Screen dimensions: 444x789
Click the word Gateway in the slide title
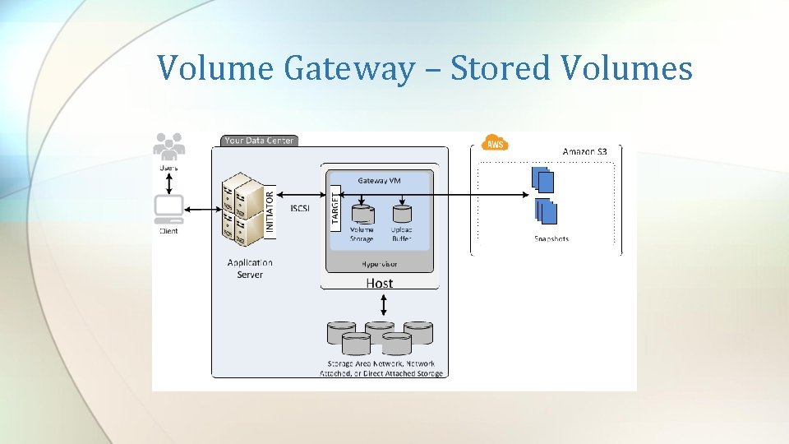point(349,68)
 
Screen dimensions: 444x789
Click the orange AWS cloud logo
point(495,143)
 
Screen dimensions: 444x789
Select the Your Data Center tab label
point(258,141)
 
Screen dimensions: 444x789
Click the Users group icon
point(168,146)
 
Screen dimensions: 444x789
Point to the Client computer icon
point(169,210)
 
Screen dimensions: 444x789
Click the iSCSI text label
point(300,209)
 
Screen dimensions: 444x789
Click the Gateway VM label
point(380,180)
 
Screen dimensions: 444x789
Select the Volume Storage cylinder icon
point(362,211)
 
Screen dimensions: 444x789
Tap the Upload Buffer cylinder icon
point(402,211)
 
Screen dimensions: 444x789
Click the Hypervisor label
point(380,264)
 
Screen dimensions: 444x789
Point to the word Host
point(380,283)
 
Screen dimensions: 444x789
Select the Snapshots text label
point(551,239)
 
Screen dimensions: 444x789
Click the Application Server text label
point(250,268)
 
